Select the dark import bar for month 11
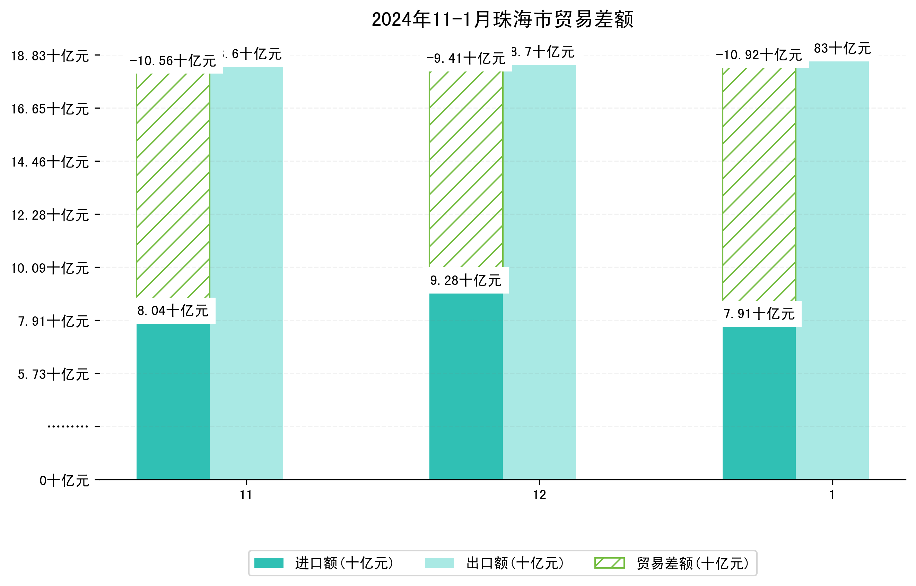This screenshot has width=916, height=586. [173, 402]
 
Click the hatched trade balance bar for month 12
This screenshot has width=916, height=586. [466, 169]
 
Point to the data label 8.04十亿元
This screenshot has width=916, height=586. [173, 311]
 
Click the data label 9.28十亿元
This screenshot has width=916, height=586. [466, 281]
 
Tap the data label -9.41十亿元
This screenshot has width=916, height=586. [466, 59]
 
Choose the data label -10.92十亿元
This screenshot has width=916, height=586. [759, 55]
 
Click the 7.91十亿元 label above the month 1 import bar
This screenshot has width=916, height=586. [759, 314]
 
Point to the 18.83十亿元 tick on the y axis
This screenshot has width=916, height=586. [50, 56]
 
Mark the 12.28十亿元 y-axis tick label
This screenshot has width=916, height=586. [50, 215]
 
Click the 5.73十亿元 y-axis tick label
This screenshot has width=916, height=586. [53, 374]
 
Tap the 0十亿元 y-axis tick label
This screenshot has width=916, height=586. [64, 481]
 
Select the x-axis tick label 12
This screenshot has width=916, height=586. [539, 495]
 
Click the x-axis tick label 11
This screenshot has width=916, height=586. [246, 495]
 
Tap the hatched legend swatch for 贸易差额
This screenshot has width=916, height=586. [609, 563]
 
